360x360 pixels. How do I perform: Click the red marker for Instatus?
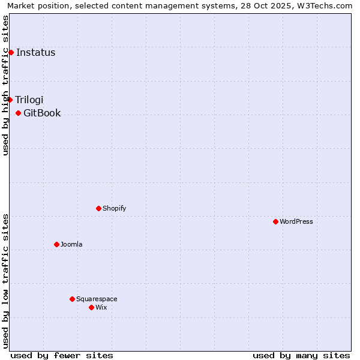11,52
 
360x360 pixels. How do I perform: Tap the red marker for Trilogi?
10,100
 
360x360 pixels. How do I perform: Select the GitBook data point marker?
18,113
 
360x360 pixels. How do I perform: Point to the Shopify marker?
98,208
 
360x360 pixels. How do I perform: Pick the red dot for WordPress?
275,221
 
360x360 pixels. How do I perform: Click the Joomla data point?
56,244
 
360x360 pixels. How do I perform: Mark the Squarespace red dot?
72,299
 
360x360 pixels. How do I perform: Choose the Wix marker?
91,307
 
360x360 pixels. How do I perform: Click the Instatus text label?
36,52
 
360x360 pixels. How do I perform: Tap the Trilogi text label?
29,100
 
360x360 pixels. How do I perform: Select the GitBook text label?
42,113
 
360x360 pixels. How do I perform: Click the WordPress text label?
296,221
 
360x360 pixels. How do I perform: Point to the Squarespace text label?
97,299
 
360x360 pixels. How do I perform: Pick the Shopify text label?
114,208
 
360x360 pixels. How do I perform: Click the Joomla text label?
71,244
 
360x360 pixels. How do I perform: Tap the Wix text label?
101,307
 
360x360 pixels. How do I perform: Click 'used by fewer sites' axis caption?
62,355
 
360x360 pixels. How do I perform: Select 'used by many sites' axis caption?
301,355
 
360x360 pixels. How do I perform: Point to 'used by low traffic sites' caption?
5,281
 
